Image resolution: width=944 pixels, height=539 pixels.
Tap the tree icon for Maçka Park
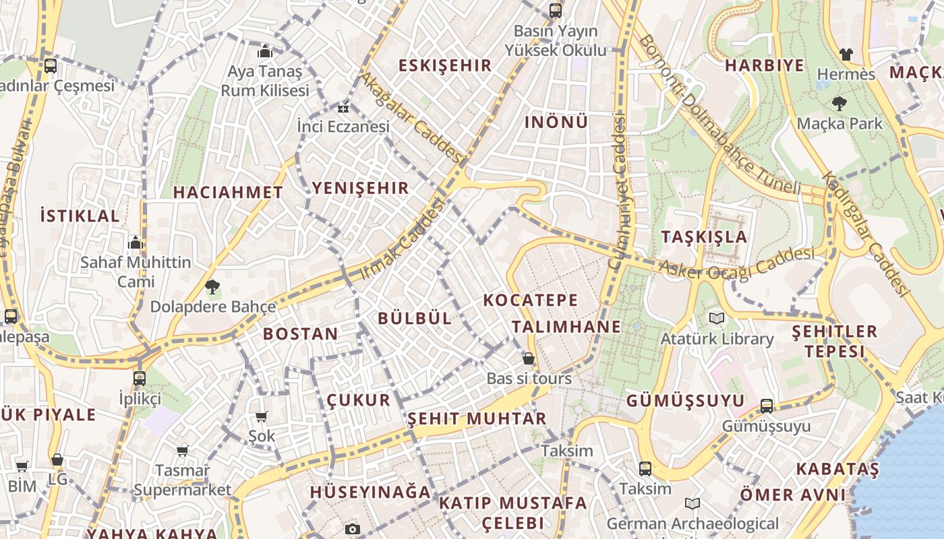(839, 104)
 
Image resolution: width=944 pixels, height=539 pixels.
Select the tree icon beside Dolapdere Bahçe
(212, 287)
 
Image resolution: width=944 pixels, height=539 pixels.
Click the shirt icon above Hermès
(846, 55)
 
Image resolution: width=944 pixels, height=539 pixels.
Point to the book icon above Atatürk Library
(716, 318)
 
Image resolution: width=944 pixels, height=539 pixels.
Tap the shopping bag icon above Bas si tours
(529, 358)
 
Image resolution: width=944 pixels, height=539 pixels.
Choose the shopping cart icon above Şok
(261, 417)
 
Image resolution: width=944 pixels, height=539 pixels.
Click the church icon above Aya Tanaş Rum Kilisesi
(264, 52)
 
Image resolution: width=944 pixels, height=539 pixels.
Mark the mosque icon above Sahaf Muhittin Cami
(136, 243)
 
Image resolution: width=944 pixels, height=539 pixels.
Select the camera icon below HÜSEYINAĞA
(352, 529)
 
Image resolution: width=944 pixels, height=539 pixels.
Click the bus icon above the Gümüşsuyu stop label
(766, 406)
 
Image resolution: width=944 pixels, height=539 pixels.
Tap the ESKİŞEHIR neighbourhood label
(445, 65)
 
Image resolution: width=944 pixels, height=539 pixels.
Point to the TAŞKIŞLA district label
(704, 236)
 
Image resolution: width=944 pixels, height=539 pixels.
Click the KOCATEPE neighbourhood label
(531, 300)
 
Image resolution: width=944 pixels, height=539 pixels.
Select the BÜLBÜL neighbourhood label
(415, 319)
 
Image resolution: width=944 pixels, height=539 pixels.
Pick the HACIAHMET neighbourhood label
(228, 192)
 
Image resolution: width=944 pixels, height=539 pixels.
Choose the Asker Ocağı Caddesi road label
(736, 263)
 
